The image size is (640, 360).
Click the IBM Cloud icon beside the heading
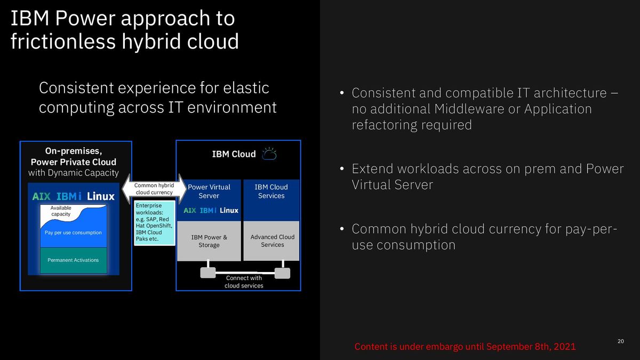[269, 154]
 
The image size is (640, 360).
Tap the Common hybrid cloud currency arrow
[154, 189]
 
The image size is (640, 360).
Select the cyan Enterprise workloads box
[155, 223]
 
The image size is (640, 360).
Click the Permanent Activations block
[74, 260]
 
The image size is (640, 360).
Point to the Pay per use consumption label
[73, 233]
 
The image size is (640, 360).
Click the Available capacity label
[61, 211]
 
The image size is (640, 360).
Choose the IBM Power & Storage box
[209, 241]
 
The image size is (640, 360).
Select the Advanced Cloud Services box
[271, 241]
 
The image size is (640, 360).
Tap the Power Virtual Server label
[209, 191]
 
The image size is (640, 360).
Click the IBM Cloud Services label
[271, 191]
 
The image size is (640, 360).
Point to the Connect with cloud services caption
[244, 282]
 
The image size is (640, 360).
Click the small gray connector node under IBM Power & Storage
[208, 273]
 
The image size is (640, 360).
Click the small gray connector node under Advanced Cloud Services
[282, 273]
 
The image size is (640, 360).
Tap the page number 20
[621, 341]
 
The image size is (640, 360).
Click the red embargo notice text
[465, 347]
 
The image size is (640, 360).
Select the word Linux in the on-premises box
[101, 196]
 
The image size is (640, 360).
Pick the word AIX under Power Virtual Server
[190, 211]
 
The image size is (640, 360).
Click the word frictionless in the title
[63, 41]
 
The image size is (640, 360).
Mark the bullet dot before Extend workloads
[342, 169]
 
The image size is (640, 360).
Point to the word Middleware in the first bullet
[469, 109]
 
